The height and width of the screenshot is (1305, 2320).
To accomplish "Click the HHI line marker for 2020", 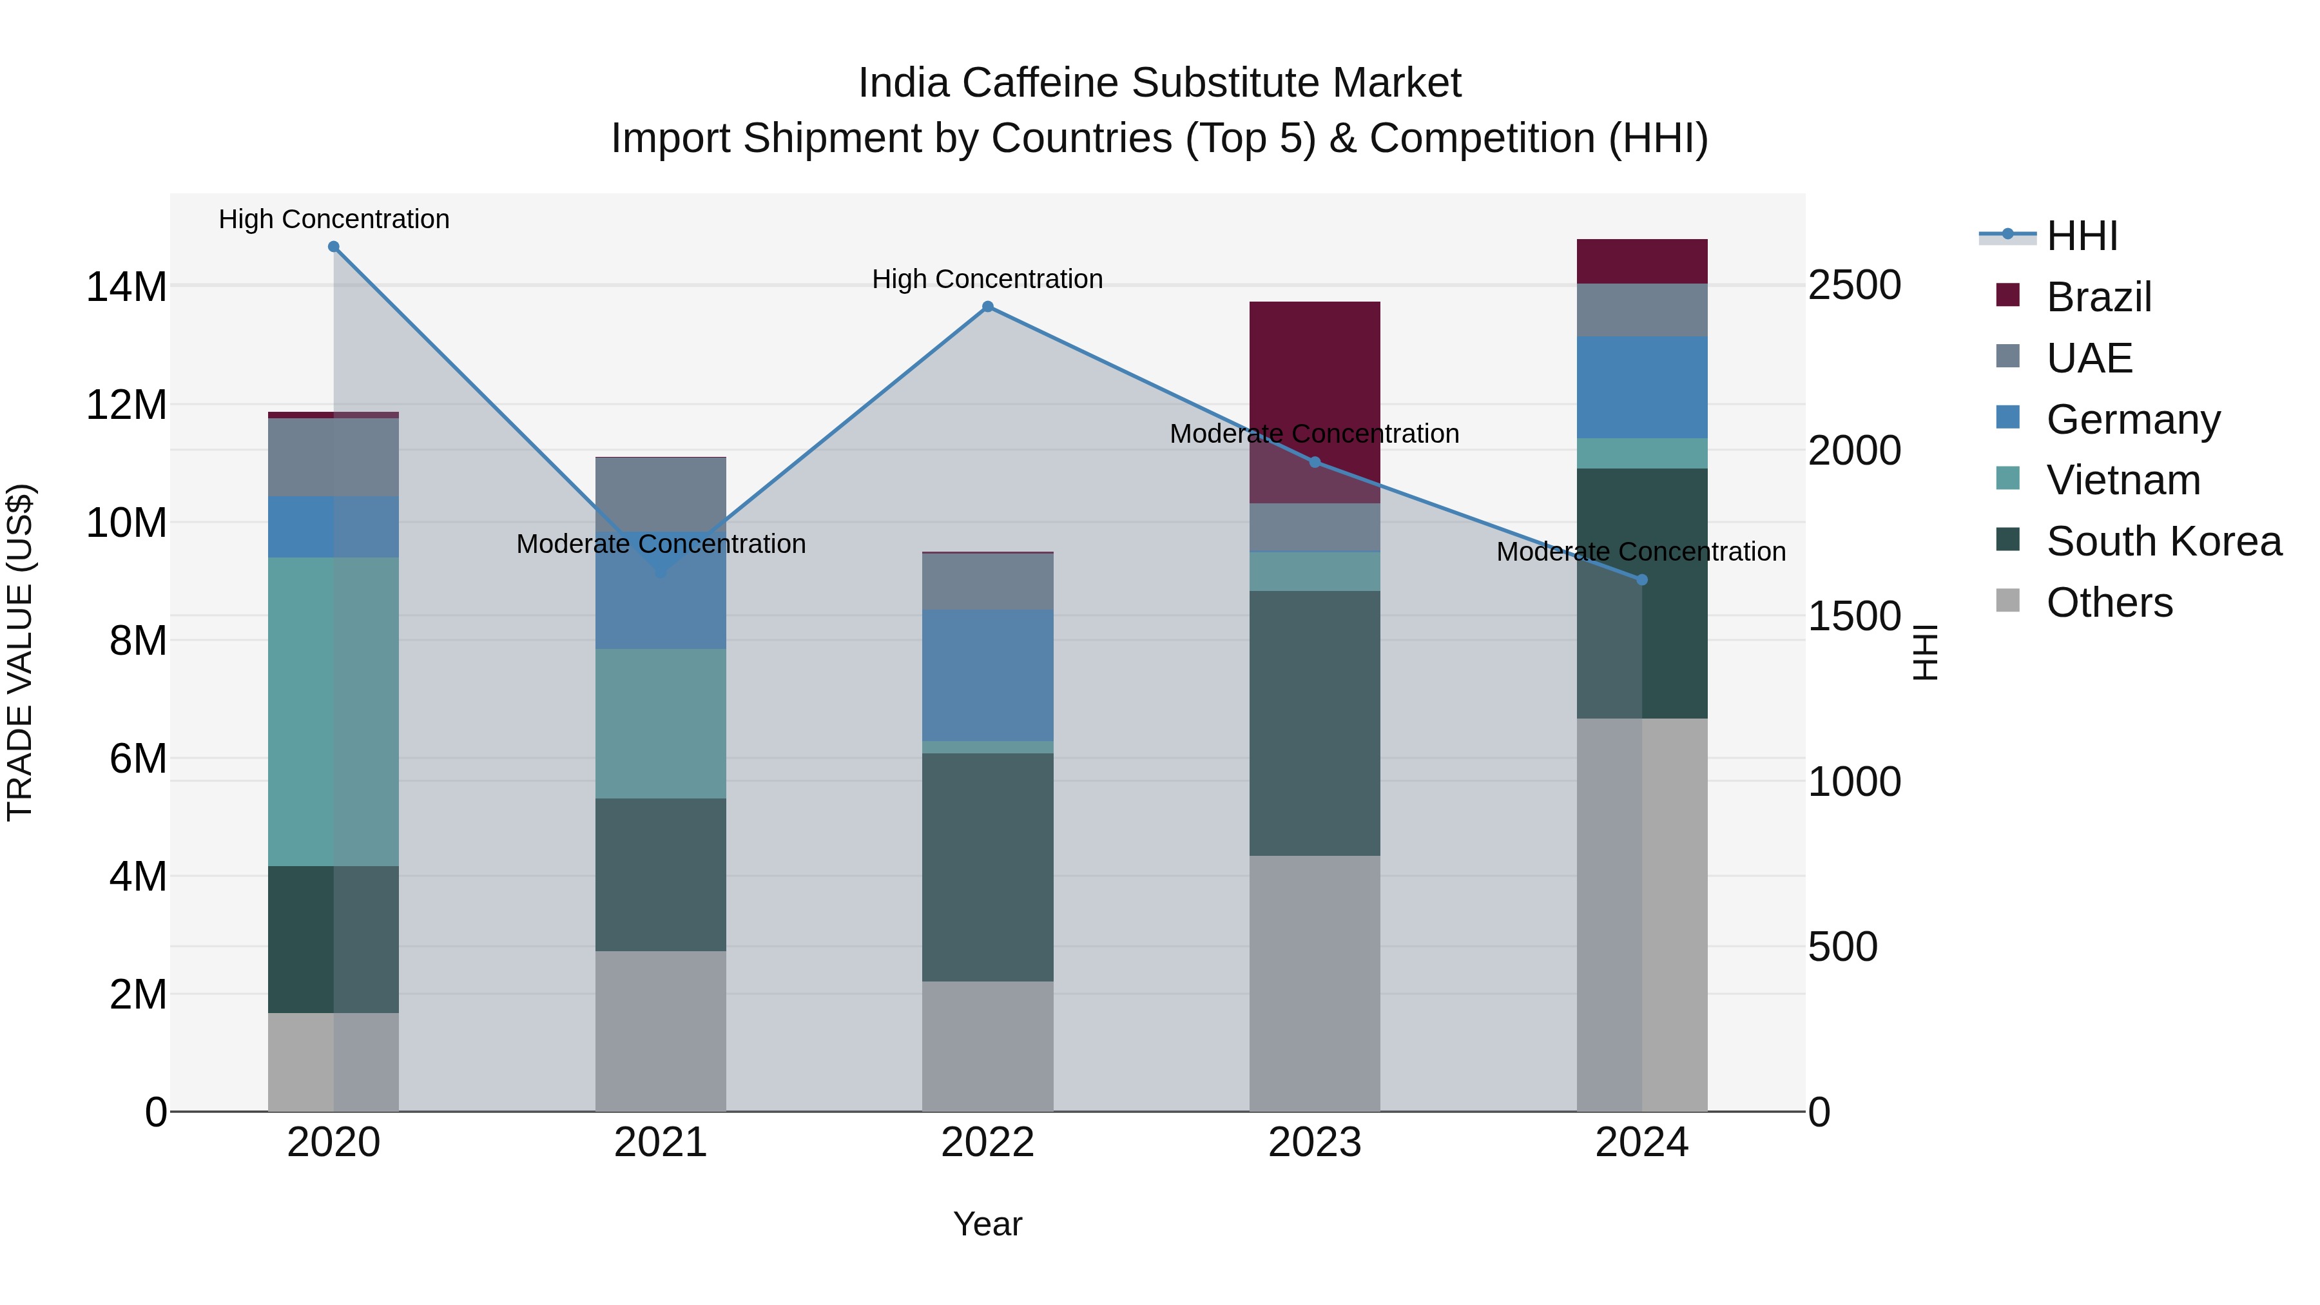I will pyautogui.click(x=333, y=247).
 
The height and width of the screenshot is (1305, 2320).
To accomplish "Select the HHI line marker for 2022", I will pyautogui.click(x=987, y=307).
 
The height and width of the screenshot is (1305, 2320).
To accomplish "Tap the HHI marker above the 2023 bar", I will pyautogui.click(x=1314, y=462).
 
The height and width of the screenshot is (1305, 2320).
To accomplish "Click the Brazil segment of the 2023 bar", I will pyautogui.click(x=1314, y=401).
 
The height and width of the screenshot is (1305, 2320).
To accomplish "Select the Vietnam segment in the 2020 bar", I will pyautogui.click(x=333, y=711).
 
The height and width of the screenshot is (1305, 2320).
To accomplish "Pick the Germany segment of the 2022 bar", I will pyautogui.click(x=987, y=675).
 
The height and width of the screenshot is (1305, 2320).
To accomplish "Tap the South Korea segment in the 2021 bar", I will pyautogui.click(x=660, y=874).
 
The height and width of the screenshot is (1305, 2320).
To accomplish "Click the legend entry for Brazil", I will pyautogui.click(x=2098, y=297).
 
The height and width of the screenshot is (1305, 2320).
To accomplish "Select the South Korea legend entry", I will pyautogui.click(x=2163, y=541).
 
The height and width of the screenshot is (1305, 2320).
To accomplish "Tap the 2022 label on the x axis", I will pyautogui.click(x=987, y=1143).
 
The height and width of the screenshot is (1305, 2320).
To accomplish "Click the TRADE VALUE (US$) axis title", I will pyautogui.click(x=20, y=652).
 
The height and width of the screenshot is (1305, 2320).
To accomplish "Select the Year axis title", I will pyautogui.click(x=987, y=1224).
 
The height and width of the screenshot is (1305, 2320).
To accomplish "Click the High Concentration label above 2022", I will pyautogui.click(x=987, y=279).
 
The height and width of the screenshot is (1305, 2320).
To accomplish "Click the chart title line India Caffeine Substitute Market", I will pyautogui.click(x=1159, y=83).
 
